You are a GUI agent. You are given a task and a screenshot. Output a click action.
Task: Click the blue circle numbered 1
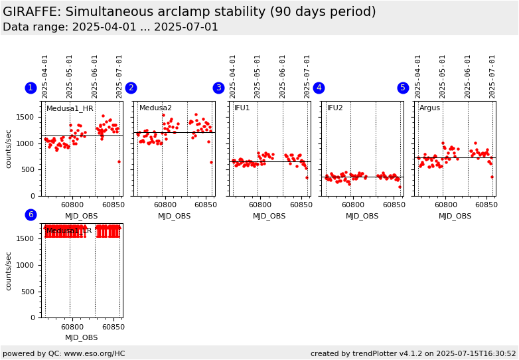click(31, 88)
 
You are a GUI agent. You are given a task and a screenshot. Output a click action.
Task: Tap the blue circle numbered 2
click(131, 88)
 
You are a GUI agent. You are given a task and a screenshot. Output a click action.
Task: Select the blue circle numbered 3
click(218, 88)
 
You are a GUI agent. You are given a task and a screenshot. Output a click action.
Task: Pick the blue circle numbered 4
click(319, 88)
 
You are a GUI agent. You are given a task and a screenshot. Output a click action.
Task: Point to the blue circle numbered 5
click(403, 88)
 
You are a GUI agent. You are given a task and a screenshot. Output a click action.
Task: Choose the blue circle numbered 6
click(31, 215)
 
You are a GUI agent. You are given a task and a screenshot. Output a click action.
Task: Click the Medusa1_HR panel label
click(70, 108)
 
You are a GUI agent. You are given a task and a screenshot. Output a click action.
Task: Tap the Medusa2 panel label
click(155, 108)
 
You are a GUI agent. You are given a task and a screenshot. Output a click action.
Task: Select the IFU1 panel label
click(242, 108)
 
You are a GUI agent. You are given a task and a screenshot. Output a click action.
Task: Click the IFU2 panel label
click(334, 108)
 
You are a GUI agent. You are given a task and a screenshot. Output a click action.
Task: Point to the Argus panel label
click(429, 108)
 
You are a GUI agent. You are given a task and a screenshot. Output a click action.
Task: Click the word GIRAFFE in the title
click(29, 11)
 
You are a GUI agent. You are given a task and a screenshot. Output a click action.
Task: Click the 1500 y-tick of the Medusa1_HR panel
click(27, 118)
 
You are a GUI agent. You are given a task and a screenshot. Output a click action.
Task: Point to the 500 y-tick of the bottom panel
click(30, 292)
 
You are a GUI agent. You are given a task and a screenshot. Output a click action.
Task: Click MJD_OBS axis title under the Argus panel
click(455, 216)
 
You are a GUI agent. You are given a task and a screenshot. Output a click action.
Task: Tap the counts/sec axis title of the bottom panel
click(9, 270)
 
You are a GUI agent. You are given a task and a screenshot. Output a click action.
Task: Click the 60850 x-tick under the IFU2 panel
click(394, 205)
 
